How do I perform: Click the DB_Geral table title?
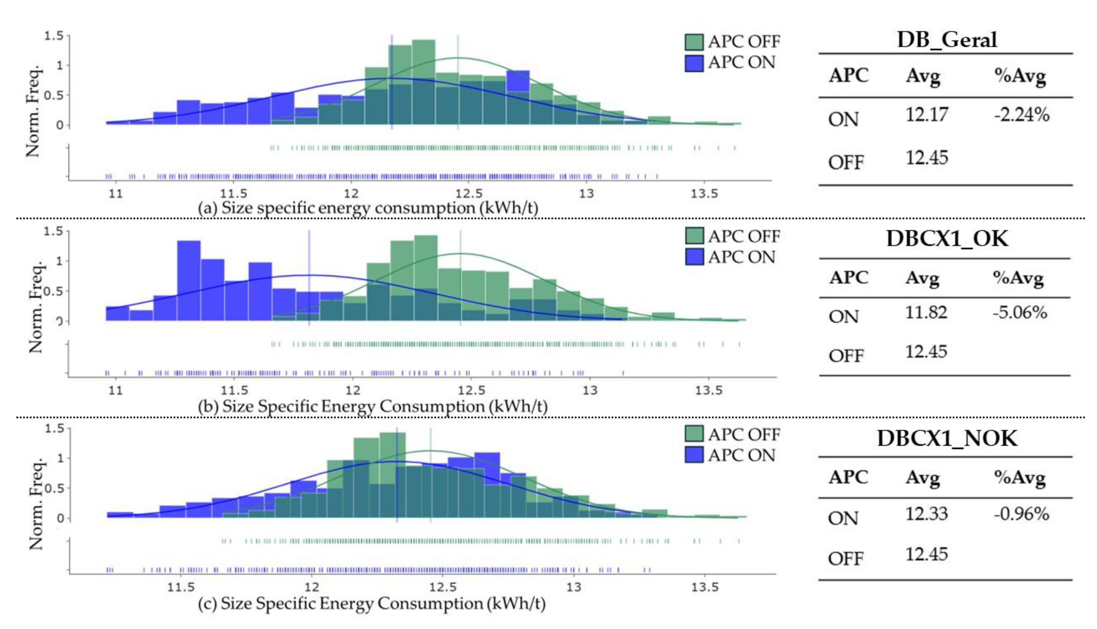(x=947, y=40)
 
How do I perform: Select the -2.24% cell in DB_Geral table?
(x=1021, y=115)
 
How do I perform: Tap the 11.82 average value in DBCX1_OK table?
(x=926, y=312)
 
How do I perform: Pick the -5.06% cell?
(x=1020, y=312)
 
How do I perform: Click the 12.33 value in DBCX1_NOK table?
(x=926, y=514)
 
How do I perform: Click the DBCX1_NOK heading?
(x=947, y=438)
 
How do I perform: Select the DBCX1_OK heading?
(x=947, y=238)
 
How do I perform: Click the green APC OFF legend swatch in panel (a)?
(x=694, y=42)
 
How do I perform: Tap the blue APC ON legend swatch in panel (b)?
(x=694, y=257)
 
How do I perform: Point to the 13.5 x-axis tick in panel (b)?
(x=708, y=390)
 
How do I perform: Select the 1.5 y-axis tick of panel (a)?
(x=53, y=36)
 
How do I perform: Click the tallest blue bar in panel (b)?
(x=189, y=281)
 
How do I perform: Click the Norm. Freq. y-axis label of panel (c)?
(x=36, y=503)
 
